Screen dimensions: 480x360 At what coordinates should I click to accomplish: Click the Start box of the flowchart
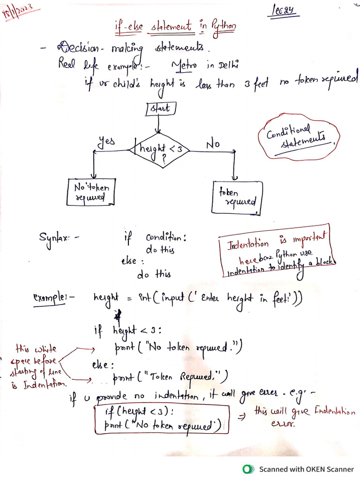point(161,108)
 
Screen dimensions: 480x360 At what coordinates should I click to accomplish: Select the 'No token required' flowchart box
point(91,192)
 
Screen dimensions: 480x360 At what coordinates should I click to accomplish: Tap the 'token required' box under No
point(237,197)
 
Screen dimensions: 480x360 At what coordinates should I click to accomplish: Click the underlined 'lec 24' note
point(284,11)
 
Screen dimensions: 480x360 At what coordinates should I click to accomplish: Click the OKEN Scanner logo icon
point(247,468)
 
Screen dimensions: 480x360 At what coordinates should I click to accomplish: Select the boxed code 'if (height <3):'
point(141,412)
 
